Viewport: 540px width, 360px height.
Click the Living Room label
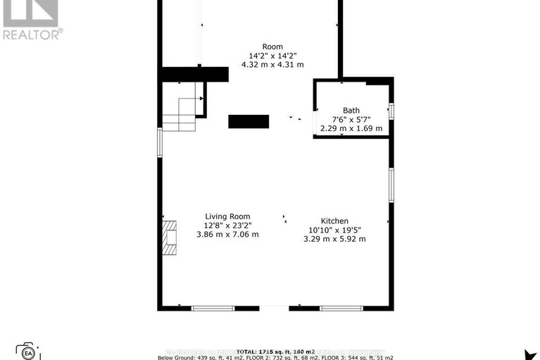(x=227, y=216)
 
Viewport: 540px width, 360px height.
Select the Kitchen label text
(x=334, y=221)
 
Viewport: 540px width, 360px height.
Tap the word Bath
(x=351, y=110)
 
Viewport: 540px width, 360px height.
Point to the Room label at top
(x=272, y=46)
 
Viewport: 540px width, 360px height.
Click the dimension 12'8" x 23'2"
(x=227, y=225)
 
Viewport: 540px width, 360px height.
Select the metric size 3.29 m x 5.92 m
(x=334, y=239)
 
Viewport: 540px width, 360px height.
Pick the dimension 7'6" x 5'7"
(x=351, y=119)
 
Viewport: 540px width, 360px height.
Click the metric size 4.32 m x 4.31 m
(x=272, y=65)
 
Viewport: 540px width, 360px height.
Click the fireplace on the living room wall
(x=169, y=238)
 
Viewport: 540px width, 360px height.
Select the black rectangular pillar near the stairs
(x=248, y=121)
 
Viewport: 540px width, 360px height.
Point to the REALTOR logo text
(x=32, y=32)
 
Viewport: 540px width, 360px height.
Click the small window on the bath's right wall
(x=391, y=111)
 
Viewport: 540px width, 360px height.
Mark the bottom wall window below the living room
(x=213, y=308)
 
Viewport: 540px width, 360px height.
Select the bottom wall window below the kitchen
(x=341, y=308)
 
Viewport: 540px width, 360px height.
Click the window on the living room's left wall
(x=160, y=142)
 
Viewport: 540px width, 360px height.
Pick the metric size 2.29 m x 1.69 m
(x=351, y=128)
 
